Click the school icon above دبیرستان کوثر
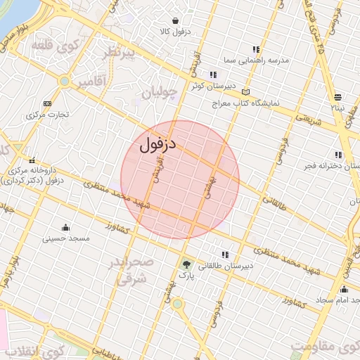coord(212,75)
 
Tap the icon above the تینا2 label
coord(338,97)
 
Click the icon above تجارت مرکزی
coord(47,103)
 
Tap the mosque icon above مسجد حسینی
coord(66,227)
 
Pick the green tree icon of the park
coord(186,265)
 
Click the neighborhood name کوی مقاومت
coord(325,349)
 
